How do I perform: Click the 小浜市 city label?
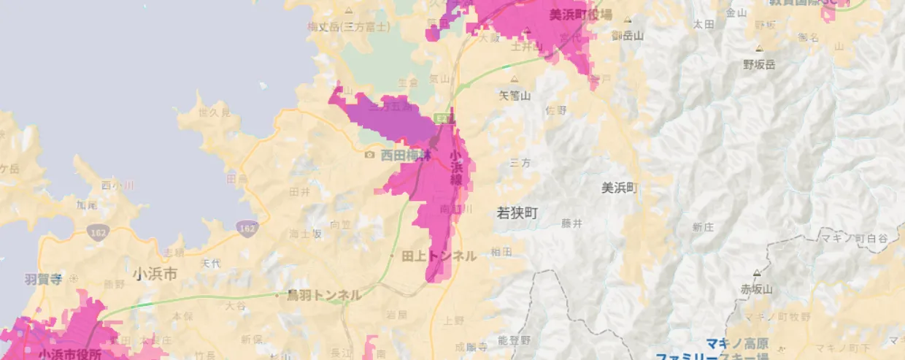(155, 274)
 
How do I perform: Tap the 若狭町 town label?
(517, 212)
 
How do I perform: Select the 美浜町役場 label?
(581, 14)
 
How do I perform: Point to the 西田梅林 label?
(407, 155)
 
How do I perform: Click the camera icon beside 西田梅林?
(369, 155)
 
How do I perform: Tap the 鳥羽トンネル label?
(324, 295)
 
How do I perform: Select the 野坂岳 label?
(759, 64)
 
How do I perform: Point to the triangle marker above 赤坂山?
(757, 274)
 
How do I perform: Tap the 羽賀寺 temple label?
(42, 278)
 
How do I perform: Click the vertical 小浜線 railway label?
(455, 168)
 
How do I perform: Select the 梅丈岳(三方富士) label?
(348, 27)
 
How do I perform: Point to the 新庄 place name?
(703, 227)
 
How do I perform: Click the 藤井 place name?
(572, 223)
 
